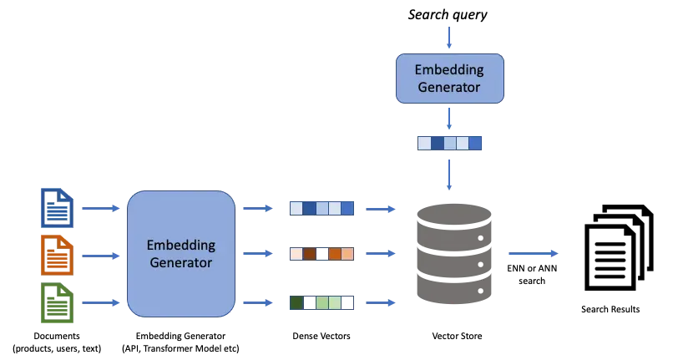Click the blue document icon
pyautogui.click(x=58, y=208)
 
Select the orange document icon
pyautogui.click(x=58, y=255)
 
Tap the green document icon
pyautogui.click(x=58, y=302)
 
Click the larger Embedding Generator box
pyautogui.click(x=180, y=254)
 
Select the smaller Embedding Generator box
pyautogui.click(x=449, y=79)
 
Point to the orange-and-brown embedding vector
pyautogui.click(x=321, y=254)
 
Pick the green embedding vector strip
pyautogui.click(x=321, y=302)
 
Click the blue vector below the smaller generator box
pyautogui.click(x=449, y=143)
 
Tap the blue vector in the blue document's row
pyautogui.click(x=321, y=208)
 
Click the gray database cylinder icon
pyautogui.click(x=453, y=253)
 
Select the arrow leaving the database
pyautogui.click(x=533, y=253)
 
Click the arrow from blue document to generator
pyautogui.click(x=101, y=208)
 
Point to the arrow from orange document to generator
pyautogui.click(x=101, y=256)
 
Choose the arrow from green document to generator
pyautogui.click(x=101, y=302)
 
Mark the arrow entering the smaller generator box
pyautogui.click(x=449, y=38)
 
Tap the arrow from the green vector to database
pyautogui.click(x=380, y=302)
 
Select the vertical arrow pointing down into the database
pyautogui.click(x=449, y=175)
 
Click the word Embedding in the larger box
pyautogui.click(x=180, y=246)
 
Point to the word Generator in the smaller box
pyautogui.click(x=449, y=87)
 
